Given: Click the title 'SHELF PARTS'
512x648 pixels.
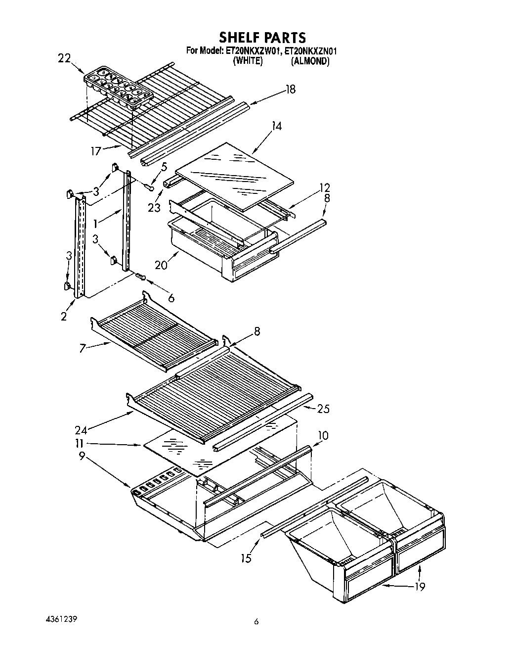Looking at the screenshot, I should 262,37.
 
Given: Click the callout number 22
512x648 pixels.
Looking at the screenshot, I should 64,58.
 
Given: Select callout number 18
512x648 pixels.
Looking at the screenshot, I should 291,90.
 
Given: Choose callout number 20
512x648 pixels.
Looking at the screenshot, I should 161,265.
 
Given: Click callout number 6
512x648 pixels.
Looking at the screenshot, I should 171,298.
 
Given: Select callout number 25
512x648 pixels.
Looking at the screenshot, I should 323,409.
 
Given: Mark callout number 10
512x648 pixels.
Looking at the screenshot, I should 323,436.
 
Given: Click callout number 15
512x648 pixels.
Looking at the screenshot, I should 246,558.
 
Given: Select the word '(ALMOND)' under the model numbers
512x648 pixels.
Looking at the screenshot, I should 310,61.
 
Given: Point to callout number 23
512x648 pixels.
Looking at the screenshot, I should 154,207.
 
